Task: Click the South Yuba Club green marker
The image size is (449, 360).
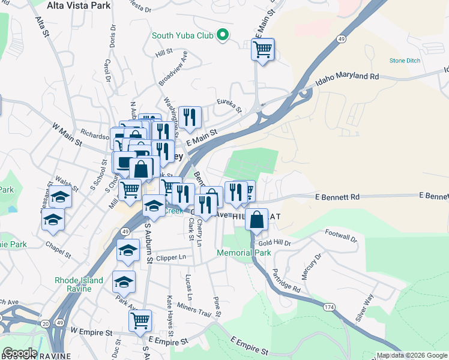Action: (223, 35)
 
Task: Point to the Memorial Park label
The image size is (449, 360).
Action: (247, 253)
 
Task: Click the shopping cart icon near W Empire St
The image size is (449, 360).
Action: (140, 321)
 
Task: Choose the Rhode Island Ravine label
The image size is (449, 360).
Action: (79, 284)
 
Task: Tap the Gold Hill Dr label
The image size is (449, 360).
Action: (274, 243)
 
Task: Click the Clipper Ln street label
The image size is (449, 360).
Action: (171, 258)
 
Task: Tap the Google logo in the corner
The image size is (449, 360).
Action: (19, 353)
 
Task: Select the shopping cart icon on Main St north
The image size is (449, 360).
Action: (263, 50)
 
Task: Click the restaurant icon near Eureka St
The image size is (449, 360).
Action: (190, 118)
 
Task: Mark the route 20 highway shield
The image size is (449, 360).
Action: (46, 324)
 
